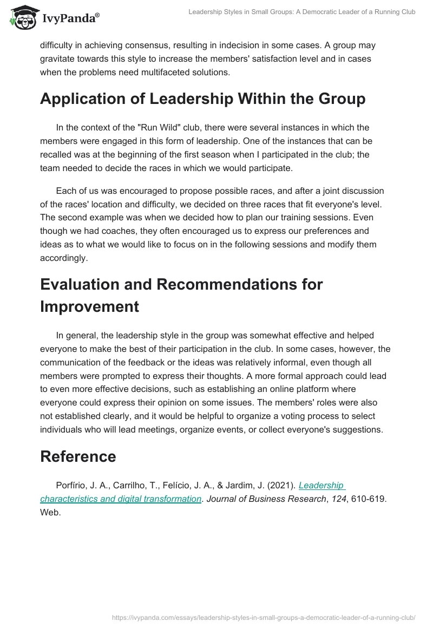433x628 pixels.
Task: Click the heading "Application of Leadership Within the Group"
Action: [x=202, y=99]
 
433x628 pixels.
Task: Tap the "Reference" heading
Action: [x=78, y=456]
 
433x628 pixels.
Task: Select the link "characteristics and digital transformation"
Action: [x=121, y=499]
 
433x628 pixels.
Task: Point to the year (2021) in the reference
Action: [x=280, y=486]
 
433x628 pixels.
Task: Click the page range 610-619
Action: [x=368, y=499]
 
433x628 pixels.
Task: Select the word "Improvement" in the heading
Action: [x=89, y=306]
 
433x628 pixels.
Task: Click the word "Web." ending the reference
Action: [x=50, y=512]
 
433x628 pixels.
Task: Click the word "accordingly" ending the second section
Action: [x=63, y=258]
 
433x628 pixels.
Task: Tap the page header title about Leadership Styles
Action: [x=301, y=12]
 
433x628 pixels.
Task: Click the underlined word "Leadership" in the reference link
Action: [x=322, y=486]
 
